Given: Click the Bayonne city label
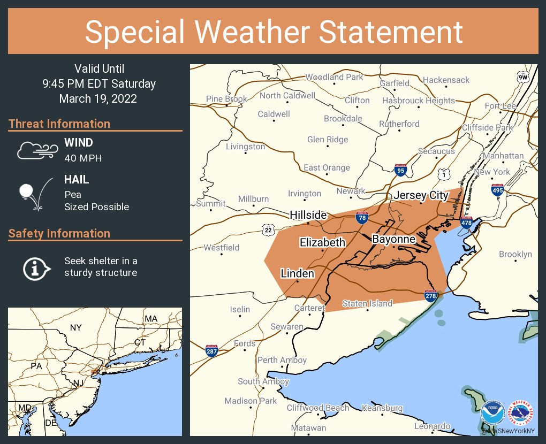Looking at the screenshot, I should [x=393, y=239].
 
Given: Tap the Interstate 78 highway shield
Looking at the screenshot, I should [x=362, y=217].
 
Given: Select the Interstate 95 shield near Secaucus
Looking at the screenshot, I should [x=400, y=170].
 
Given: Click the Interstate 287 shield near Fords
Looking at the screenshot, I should [x=211, y=351].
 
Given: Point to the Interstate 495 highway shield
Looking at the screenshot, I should [x=497, y=190].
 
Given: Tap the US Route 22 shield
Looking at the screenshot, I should [x=268, y=230].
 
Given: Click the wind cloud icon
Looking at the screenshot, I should [x=36, y=150].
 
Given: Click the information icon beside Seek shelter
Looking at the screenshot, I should [x=36, y=267].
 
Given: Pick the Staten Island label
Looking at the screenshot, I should [x=367, y=303].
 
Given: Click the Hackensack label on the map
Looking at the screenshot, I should [x=446, y=80].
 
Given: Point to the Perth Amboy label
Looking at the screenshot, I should [x=282, y=360].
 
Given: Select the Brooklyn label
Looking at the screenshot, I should [x=515, y=254].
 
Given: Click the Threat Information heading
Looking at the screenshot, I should [x=59, y=124].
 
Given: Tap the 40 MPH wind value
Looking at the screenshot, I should [x=83, y=158].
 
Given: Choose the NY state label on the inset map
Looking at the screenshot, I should [x=76, y=327].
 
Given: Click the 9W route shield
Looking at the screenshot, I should [x=522, y=78].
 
